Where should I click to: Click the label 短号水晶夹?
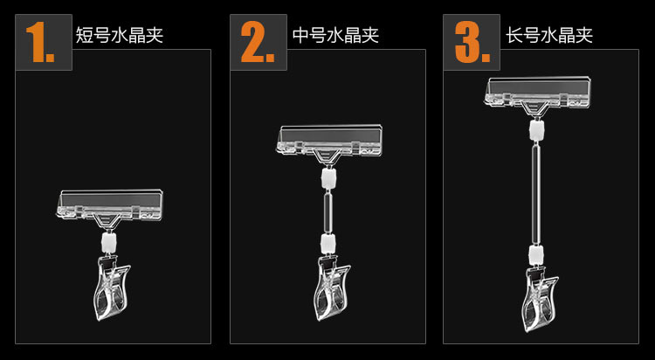click(x=119, y=35)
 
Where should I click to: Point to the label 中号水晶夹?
click(x=335, y=35)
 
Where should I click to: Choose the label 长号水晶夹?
click(x=549, y=35)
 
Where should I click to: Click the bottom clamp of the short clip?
click(x=112, y=287)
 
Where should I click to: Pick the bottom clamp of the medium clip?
click(x=332, y=288)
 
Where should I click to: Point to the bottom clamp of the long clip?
click(x=540, y=300)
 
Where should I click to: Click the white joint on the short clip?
click(x=108, y=242)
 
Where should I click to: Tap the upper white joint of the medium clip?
click(x=328, y=177)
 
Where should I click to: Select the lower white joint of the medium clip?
click(x=328, y=243)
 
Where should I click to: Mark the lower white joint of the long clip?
click(x=536, y=254)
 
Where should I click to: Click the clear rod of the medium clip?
click(x=328, y=211)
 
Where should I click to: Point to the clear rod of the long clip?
click(x=536, y=192)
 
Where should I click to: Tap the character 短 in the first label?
click(x=84, y=35)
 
